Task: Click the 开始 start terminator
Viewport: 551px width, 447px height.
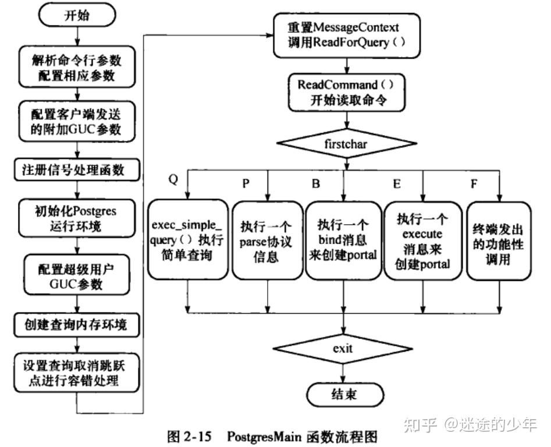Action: tap(77, 15)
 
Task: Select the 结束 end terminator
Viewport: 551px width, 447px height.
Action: tap(345, 394)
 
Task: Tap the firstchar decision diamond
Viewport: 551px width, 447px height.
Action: tap(346, 144)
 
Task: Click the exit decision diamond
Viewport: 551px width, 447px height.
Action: tap(343, 349)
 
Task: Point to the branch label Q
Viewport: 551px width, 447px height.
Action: tap(173, 180)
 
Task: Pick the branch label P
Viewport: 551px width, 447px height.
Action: tap(246, 183)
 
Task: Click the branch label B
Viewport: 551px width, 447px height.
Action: tap(315, 183)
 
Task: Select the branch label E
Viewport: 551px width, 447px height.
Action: tap(396, 183)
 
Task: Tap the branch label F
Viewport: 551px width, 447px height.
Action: tap(474, 183)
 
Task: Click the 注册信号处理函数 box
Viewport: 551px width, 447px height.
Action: tap(77, 170)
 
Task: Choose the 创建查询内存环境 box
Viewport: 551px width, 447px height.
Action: tap(77, 325)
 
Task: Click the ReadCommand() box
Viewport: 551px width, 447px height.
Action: tap(346, 93)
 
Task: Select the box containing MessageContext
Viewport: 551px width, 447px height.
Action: tap(347, 35)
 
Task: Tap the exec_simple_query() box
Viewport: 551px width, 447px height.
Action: tap(188, 240)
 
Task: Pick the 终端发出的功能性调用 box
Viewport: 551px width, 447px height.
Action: tap(499, 241)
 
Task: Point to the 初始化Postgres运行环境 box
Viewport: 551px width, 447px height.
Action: tap(77, 218)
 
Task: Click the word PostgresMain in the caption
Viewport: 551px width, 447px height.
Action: tap(264, 437)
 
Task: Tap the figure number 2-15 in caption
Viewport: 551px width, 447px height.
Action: tap(197, 437)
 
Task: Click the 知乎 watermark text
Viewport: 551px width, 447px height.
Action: tap(421, 424)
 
